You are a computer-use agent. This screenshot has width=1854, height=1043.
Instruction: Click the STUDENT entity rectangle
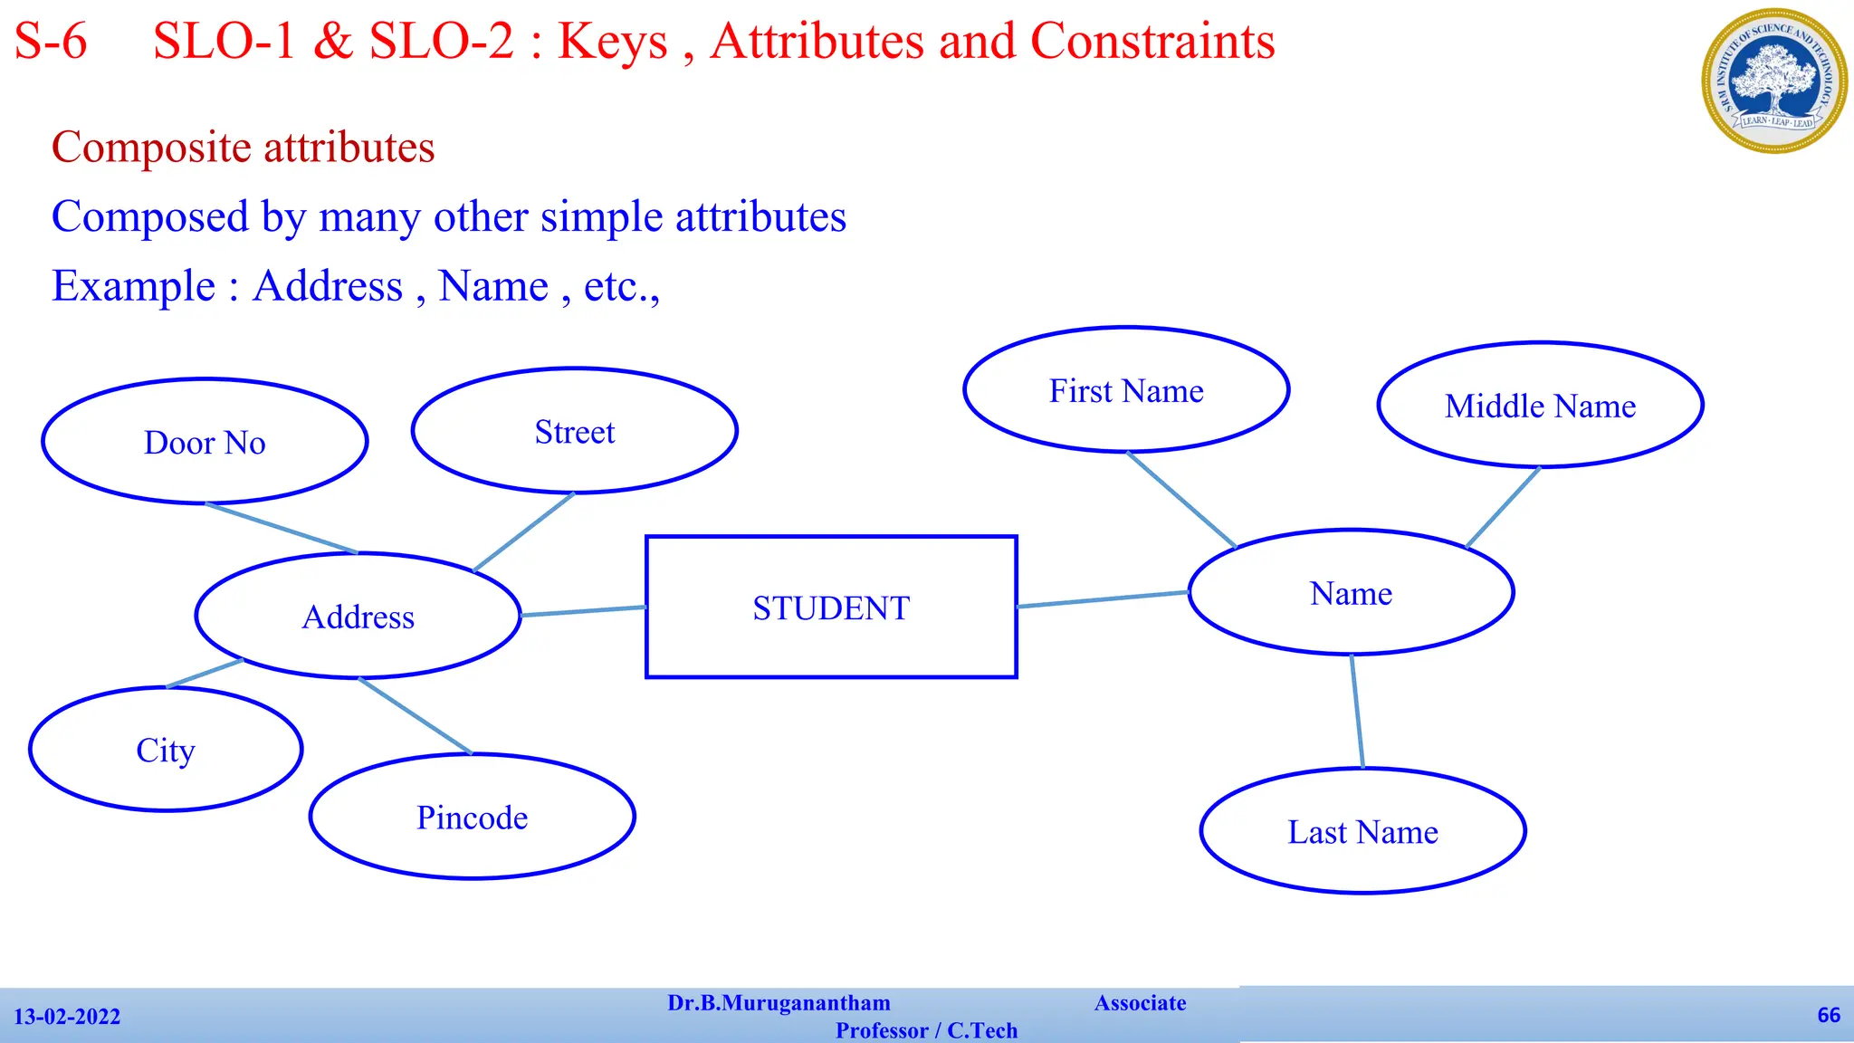(831, 607)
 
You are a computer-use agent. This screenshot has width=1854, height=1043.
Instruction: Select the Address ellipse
(358, 616)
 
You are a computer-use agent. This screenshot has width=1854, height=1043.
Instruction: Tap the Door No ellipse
(205, 442)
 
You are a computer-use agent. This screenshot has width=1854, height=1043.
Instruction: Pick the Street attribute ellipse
(574, 431)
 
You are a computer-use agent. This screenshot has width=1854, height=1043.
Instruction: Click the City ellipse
(166, 750)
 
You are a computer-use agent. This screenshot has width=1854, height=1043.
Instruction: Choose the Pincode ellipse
(472, 817)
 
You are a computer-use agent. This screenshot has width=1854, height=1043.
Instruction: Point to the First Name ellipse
(1126, 390)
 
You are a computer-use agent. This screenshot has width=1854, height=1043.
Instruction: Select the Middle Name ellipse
(1540, 406)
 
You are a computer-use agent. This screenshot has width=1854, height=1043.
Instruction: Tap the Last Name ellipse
(1362, 831)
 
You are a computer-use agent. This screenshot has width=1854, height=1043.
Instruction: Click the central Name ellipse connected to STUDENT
(1351, 593)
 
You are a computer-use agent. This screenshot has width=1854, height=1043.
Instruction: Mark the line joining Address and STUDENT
(584, 611)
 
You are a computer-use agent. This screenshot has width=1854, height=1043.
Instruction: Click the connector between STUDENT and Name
(1103, 599)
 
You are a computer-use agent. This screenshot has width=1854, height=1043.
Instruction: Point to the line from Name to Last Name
(1357, 712)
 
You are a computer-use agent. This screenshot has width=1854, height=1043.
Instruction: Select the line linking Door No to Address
(282, 528)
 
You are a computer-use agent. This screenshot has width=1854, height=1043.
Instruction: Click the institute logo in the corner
(1774, 81)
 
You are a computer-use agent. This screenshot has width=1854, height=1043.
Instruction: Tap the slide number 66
(1829, 1015)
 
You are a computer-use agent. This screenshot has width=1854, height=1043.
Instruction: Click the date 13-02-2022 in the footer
(67, 1017)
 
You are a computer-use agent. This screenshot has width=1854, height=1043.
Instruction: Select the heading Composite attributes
(243, 147)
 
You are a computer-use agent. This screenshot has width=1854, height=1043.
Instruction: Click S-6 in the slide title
(51, 42)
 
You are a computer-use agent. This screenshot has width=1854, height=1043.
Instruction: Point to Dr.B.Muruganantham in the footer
(779, 1003)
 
